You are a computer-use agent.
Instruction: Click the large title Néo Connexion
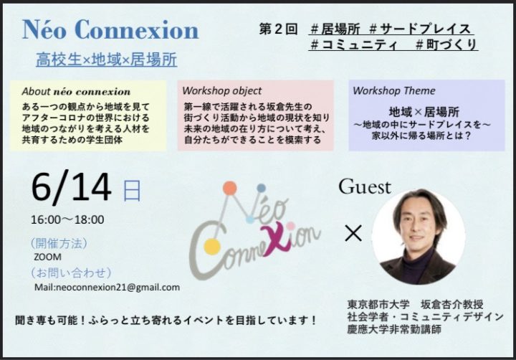coord(110,29)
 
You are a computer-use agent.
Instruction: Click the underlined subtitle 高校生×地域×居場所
coord(106,60)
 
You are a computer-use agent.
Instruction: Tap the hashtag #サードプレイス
coord(420,29)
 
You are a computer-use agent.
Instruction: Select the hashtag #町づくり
coord(446,44)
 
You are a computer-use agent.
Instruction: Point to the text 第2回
coord(278,29)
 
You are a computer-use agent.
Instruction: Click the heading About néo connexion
coord(76,91)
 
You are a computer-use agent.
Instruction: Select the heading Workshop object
coord(221,90)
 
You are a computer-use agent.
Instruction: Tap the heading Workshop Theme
coord(393,90)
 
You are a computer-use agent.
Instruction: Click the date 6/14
coord(71,186)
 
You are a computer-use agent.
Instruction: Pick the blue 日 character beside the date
coord(132,190)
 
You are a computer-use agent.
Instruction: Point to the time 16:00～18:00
coord(67,219)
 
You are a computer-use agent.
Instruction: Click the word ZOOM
coord(47,257)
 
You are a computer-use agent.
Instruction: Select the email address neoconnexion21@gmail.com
coord(118,287)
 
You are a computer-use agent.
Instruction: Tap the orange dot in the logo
coord(230,188)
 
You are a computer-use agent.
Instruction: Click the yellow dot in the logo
coord(211,247)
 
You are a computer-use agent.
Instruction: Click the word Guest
coord(365,186)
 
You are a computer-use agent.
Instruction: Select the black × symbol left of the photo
coord(353,233)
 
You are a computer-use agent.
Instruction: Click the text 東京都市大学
coord(378,304)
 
